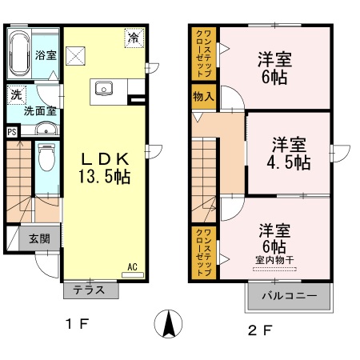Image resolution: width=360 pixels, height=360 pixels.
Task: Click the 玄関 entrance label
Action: pos(39,238)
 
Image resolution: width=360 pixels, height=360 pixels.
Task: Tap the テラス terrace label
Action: pos(90,290)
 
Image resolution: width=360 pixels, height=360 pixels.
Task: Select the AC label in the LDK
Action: pos(132,267)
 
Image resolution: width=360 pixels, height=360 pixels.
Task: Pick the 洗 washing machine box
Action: pos(15,95)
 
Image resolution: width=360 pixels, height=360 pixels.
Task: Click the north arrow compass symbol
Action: pos(169,324)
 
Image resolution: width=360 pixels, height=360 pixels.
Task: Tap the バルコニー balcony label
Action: pos(288,297)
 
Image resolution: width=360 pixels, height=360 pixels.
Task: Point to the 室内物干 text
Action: pos(274,258)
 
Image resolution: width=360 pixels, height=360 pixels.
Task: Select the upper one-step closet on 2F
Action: pos(202,54)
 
